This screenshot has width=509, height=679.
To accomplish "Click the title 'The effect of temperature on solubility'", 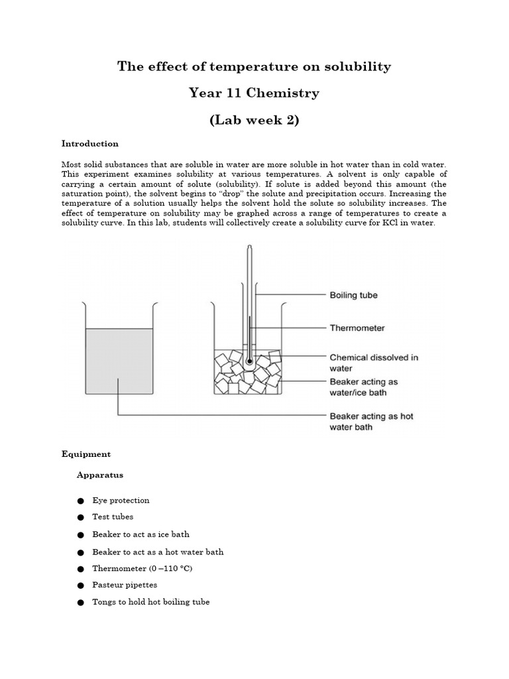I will pos(254,66).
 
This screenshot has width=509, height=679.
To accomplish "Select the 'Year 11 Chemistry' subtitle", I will pos(254,93).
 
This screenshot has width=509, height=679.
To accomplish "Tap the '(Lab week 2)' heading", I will pos(254,120).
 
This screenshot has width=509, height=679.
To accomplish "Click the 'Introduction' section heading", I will pos(89,143).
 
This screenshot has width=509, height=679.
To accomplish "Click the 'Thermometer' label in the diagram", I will pos(357,328).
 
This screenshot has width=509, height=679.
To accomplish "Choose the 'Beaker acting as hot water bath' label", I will pos(371,422).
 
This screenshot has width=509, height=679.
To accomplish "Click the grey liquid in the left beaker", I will pos(119,361).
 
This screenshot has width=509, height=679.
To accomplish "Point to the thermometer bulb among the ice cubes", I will pos(249,362).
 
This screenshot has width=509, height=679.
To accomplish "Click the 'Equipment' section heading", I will pos(86,454).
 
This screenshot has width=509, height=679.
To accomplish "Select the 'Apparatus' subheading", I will pos(99,475).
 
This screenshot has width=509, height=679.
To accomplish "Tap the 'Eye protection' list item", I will pos(121,500).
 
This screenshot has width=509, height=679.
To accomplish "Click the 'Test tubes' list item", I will pos(113,517).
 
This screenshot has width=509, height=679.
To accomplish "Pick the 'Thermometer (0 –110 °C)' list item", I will pos(142,568).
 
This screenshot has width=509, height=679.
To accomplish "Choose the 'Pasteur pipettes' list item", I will pos(125,585).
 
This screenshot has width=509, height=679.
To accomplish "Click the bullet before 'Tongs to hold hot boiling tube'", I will pos(80,603).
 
